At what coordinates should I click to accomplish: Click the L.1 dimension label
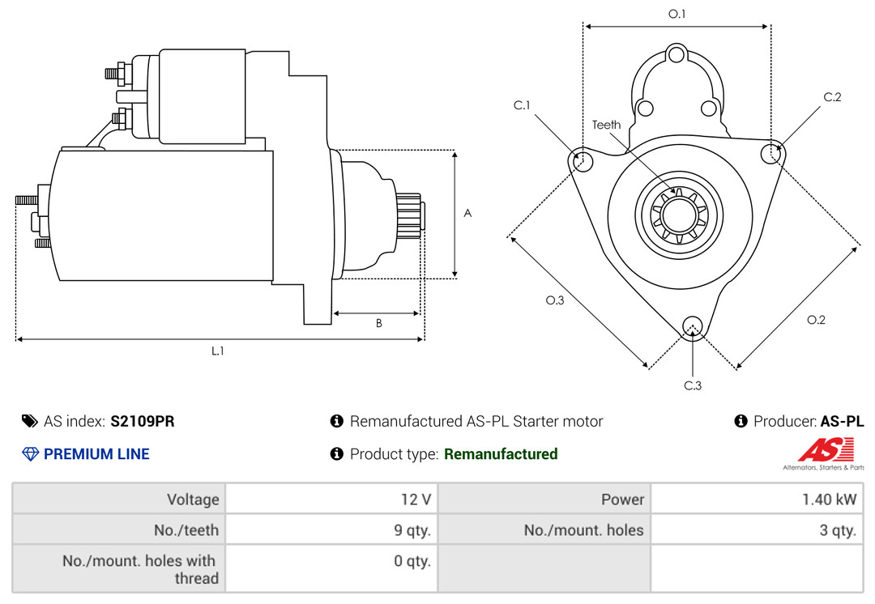pos(218,351)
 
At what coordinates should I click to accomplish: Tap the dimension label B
pos(379,323)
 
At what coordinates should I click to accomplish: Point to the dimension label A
pos(467,213)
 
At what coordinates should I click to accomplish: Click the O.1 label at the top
pos(677,14)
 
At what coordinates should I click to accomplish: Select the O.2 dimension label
pos(816,320)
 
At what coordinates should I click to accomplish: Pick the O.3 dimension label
pos(555,300)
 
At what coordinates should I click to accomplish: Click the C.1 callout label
pos(522,104)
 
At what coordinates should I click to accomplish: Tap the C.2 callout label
pos(832,97)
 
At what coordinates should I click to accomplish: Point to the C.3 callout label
pos(693,385)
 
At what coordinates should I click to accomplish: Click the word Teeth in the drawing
pos(607,125)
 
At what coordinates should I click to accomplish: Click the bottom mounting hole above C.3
pos(693,327)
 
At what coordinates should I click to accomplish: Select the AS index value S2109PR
pos(143,421)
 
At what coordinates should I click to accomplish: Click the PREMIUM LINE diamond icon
pos(30,454)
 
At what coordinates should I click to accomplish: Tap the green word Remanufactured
pos(501,454)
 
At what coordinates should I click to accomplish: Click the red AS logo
pos(826,449)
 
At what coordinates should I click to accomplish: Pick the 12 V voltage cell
pos(416,500)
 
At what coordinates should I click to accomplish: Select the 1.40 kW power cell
pos(830,500)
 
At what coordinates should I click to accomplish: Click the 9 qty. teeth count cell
pos(412,530)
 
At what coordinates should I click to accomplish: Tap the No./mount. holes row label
pos(583,530)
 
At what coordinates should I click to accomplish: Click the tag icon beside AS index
pos(30,421)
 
